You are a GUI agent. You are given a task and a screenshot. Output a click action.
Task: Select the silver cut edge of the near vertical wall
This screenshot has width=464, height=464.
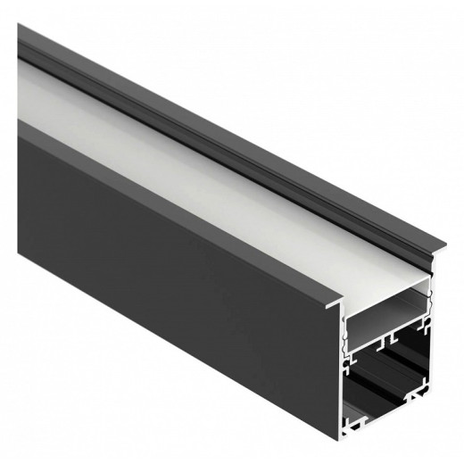pyautogui.click(x=344, y=375)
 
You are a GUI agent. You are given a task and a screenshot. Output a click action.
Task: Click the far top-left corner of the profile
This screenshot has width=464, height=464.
pyautogui.click(x=19, y=27)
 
